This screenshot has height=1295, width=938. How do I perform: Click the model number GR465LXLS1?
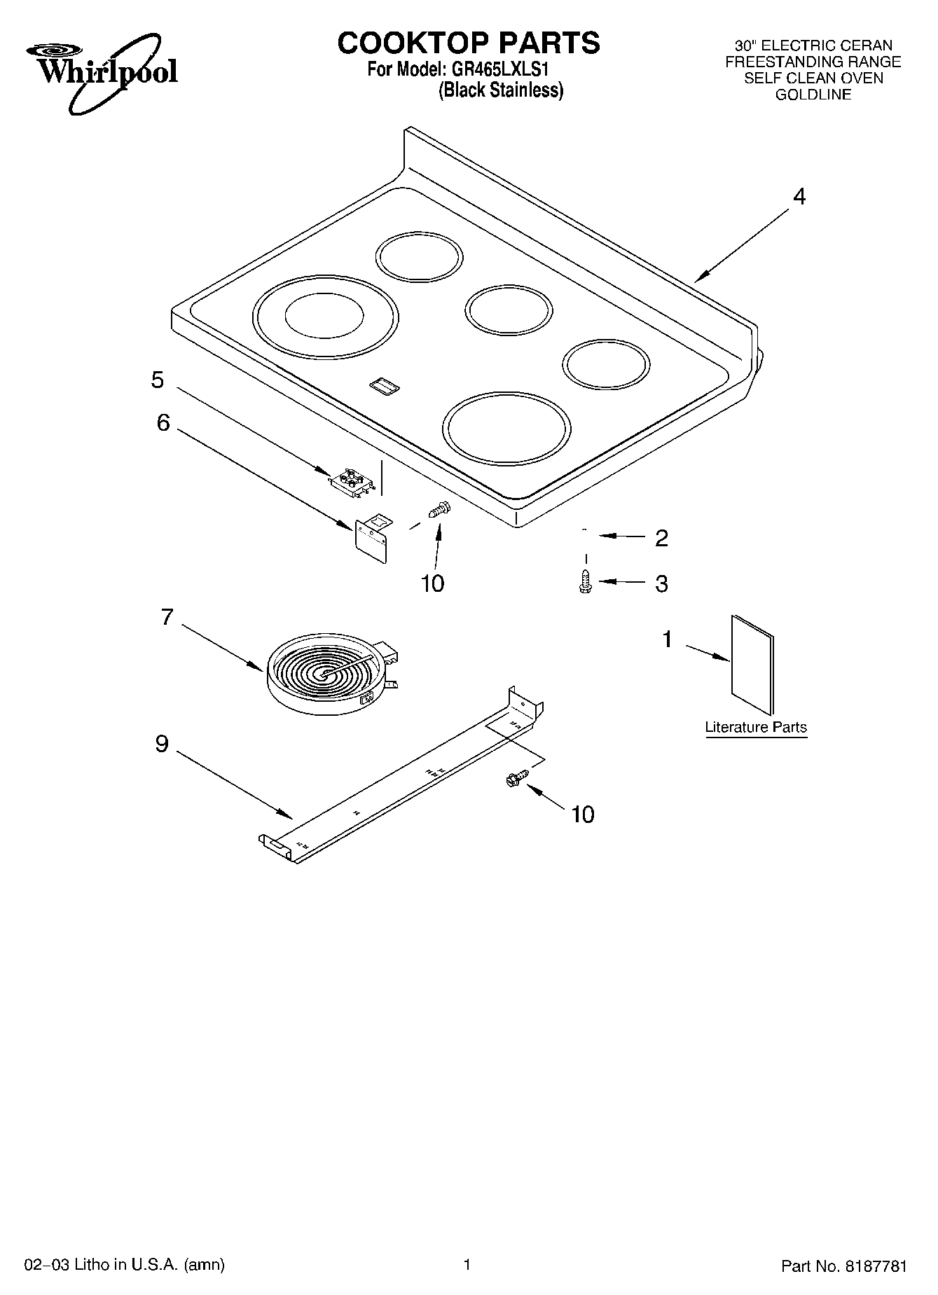[x=504, y=70]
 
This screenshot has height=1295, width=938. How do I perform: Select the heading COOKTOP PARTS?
[x=469, y=43]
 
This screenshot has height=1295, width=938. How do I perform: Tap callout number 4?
[x=799, y=197]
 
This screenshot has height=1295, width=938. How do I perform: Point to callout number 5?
[x=158, y=380]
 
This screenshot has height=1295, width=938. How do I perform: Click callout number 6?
[x=163, y=422]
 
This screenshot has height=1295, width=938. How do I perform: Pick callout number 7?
[x=166, y=617]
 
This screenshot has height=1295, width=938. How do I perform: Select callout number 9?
[x=162, y=743]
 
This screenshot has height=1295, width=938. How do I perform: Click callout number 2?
[x=661, y=538]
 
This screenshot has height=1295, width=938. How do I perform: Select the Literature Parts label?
[x=755, y=727]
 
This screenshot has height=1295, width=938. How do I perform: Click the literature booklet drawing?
[x=752, y=665]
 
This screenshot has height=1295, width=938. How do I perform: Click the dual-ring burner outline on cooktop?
[x=325, y=317]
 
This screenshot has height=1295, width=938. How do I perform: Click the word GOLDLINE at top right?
[x=813, y=95]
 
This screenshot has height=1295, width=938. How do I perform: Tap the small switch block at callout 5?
[x=350, y=481]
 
